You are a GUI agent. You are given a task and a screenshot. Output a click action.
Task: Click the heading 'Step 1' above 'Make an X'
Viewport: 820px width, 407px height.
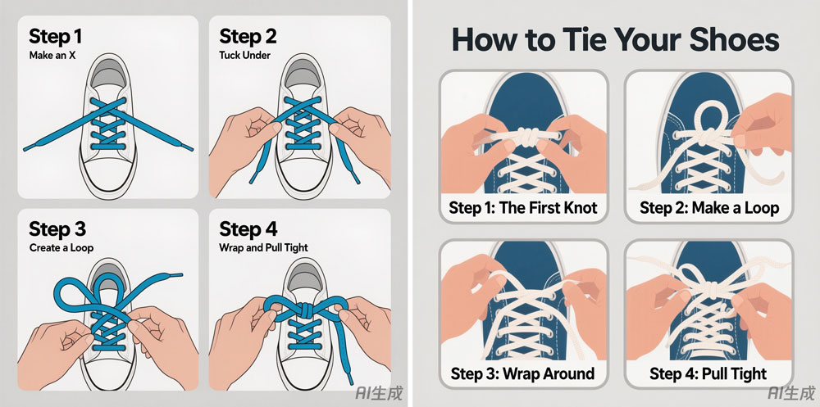56,37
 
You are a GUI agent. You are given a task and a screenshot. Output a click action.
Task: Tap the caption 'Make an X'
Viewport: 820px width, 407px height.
52,55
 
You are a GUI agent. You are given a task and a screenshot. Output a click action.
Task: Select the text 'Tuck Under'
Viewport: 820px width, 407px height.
244,55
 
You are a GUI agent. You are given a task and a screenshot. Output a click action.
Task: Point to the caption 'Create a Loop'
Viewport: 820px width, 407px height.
61,247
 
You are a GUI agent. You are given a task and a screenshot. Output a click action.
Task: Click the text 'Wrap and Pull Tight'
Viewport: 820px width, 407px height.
263,247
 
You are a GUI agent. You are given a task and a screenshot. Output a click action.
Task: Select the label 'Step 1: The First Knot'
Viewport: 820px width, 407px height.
523,207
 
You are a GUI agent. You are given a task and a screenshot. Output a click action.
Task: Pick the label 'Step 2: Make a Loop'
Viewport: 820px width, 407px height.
709,207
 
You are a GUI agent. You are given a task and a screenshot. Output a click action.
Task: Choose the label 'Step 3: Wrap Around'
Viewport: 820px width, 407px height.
522,373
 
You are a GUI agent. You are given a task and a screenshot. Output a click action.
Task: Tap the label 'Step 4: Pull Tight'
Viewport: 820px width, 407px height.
708,373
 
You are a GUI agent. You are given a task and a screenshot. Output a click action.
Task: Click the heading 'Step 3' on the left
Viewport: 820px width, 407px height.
57,229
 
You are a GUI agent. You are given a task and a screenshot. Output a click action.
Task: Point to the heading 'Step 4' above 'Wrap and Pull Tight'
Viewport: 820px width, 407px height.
248,229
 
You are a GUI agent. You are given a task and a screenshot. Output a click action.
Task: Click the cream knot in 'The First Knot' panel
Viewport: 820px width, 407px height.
527,138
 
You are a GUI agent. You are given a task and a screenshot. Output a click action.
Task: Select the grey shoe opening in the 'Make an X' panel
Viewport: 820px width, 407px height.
109,74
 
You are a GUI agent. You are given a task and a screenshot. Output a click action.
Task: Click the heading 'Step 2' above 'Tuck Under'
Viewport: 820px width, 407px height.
248,37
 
